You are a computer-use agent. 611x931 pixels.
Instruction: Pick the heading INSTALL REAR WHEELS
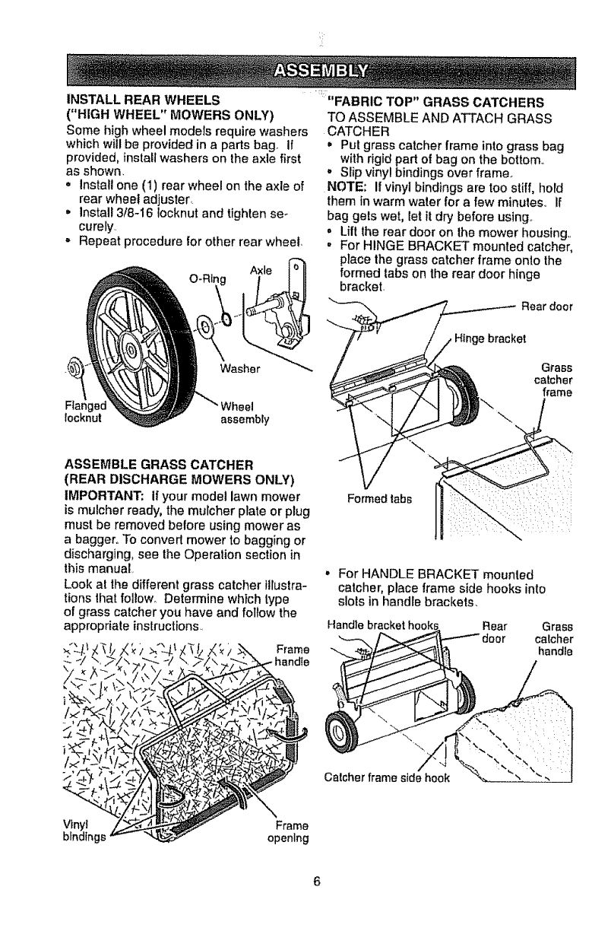pyautogui.click(x=144, y=100)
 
